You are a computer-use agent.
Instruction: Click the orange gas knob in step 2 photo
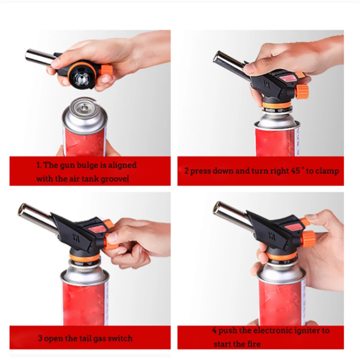pos(301,91)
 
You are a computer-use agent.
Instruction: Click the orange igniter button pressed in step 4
pos(305,222)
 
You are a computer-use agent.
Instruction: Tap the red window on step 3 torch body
pos(97,229)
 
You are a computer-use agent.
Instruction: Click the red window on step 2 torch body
pos(287,78)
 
